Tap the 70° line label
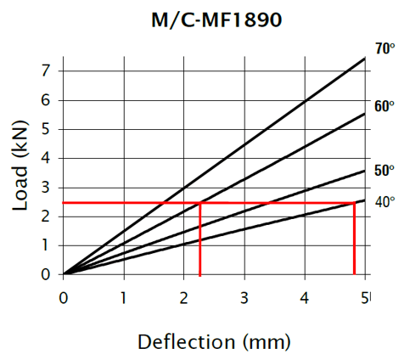pyautogui.click(x=385, y=49)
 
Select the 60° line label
pyautogui.click(x=385, y=106)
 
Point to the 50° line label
pyautogui.click(x=385, y=170)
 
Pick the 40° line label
pyautogui.click(x=385, y=202)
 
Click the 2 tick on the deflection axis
pyautogui.click(x=184, y=296)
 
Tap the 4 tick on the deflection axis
pyautogui.click(x=305, y=296)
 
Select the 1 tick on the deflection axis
pyautogui.click(x=124, y=296)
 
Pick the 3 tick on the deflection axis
pyautogui.click(x=244, y=296)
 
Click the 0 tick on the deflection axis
pyautogui.click(x=64, y=296)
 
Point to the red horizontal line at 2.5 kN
pyautogui.click(x=127, y=203)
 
